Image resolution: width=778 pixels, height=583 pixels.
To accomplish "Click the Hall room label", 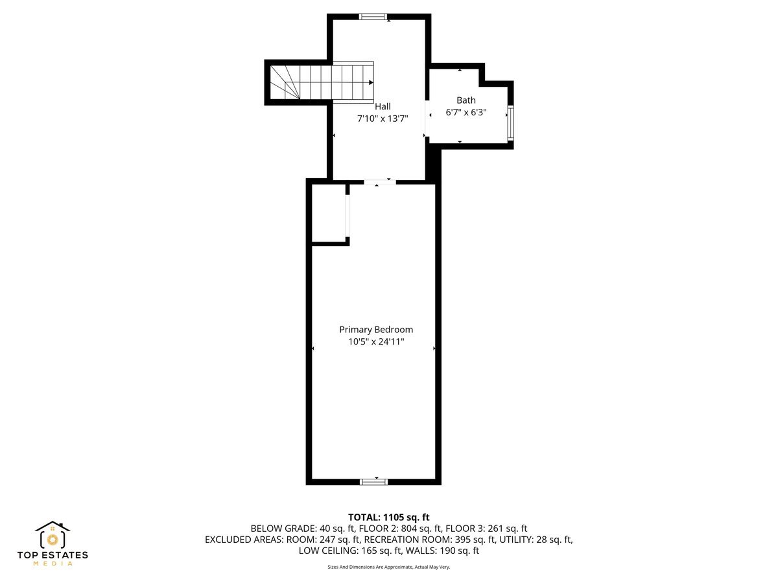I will [383, 106].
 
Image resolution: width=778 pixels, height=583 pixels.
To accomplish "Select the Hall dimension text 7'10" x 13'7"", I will [383, 119].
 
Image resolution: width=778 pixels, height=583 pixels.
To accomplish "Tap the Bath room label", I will [466, 100].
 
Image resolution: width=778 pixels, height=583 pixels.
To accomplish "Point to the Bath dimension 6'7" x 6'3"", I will [466, 112].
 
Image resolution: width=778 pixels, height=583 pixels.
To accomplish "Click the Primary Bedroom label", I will [376, 329].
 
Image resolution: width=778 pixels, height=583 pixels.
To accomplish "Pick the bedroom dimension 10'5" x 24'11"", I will [376, 341].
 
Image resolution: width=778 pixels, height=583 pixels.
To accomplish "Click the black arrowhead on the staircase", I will [370, 82].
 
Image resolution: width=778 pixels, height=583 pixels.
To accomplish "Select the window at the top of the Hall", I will [373, 17].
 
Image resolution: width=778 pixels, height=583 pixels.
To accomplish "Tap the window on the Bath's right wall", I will [510, 123].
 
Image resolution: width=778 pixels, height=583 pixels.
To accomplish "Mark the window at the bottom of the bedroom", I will [373, 481].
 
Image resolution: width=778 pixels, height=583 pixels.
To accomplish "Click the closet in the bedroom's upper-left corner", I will [328, 214].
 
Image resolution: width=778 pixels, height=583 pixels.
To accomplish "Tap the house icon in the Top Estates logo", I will [52, 535].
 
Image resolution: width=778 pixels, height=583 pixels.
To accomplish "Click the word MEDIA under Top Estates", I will [53, 564].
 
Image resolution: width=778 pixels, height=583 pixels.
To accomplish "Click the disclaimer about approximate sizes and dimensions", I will [388, 567].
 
